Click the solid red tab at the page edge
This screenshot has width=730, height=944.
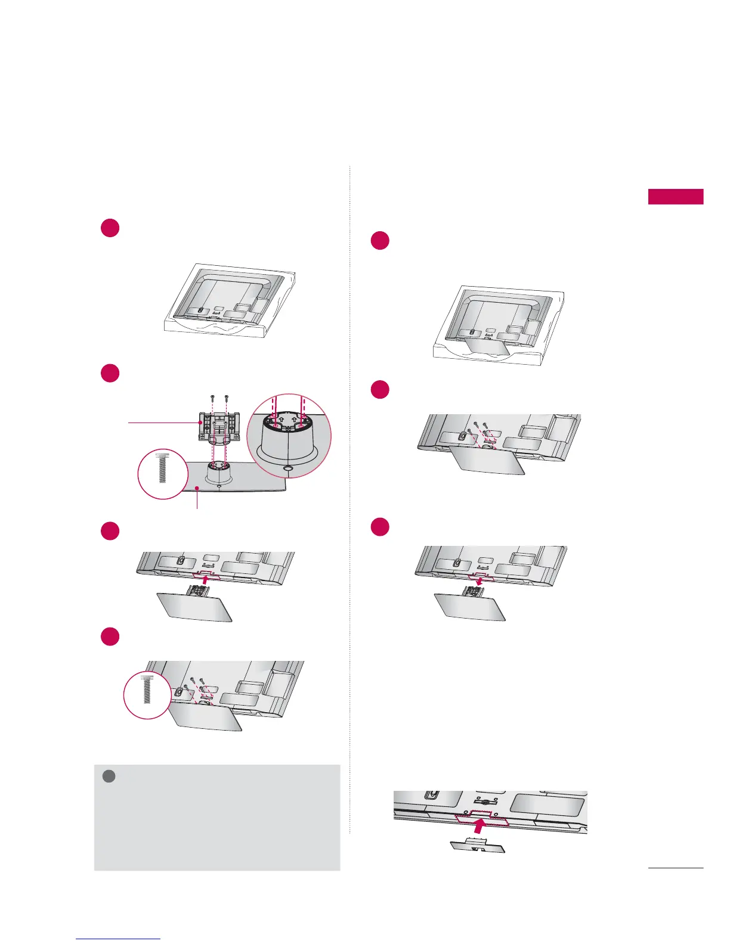click(676, 197)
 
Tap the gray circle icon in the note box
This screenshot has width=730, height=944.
click(108, 776)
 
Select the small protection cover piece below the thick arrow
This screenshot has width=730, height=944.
click(477, 846)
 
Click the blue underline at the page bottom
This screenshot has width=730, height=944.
click(119, 939)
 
